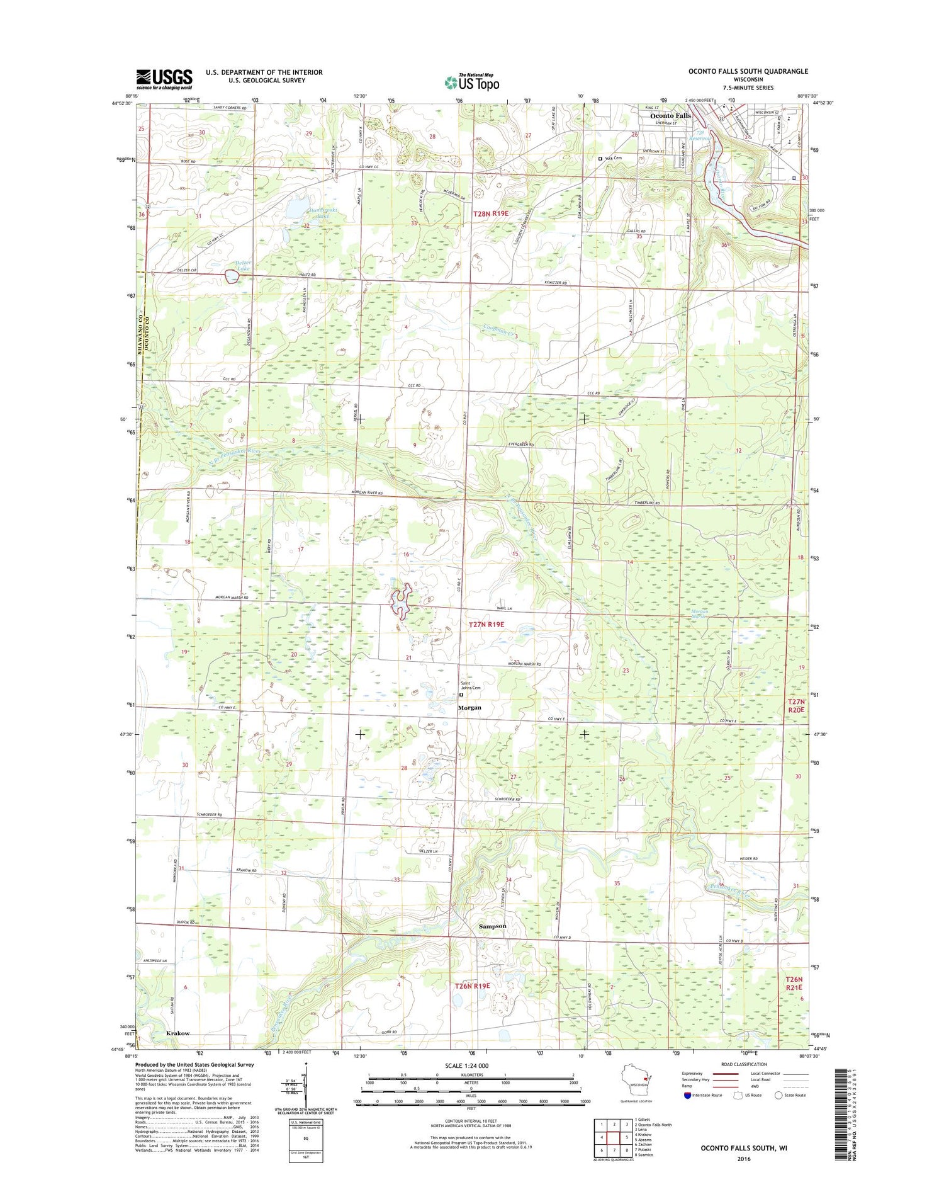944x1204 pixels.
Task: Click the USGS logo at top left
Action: [x=164, y=77]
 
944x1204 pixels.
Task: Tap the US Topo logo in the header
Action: [x=472, y=82]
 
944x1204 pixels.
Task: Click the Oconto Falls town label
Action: [x=670, y=116]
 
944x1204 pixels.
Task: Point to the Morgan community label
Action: [x=469, y=707]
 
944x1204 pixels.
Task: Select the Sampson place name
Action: [x=492, y=926]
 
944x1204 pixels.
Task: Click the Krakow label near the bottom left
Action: [x=178, y=1033]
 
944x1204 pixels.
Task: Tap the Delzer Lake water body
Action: [x=232, y=276]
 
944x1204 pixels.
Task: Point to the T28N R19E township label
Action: [x=490, y=214]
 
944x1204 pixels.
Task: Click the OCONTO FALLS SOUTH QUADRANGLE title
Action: [x=748, y=71]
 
